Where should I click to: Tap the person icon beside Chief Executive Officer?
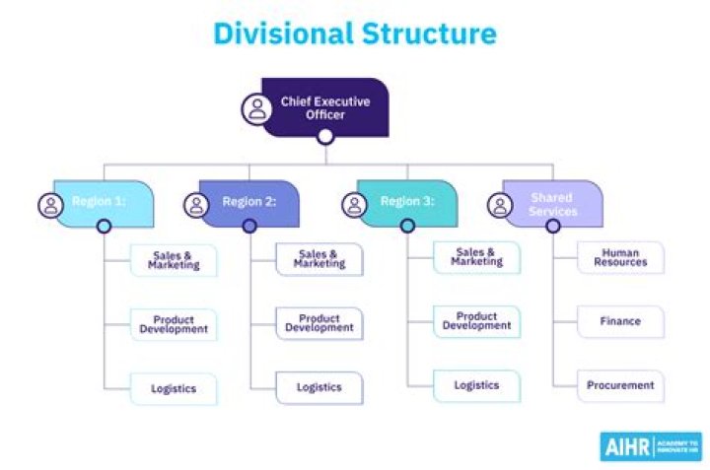[257, 107]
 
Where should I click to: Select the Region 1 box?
[105, 202]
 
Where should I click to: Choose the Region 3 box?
[406, 202]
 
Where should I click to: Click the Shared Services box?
[552, 202]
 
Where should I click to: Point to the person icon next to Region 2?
[196, 205]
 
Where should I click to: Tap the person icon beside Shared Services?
[501, 205]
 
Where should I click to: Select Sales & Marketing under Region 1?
[174, 261]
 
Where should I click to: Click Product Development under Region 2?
[319, 324]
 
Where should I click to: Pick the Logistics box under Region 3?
[476, 385]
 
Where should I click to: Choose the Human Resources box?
[620, 258]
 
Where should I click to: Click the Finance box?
[620, 321]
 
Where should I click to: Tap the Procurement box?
[620, 385]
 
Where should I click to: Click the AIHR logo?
[650, 445]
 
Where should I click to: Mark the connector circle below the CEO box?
[325, 137]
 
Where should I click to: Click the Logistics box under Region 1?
[174, 388]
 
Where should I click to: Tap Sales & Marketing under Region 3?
[476, 258]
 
